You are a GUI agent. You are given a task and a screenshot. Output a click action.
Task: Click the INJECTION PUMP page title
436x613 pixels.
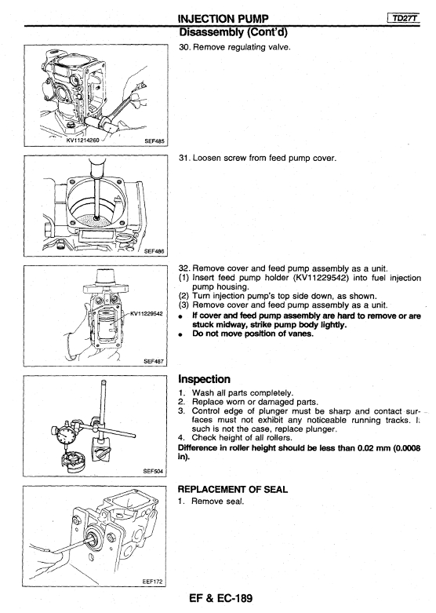(223, 19)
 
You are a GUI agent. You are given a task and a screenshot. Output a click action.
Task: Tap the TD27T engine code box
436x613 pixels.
(404, 18)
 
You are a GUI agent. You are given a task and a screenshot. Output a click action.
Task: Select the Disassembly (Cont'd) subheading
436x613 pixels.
(233, 32)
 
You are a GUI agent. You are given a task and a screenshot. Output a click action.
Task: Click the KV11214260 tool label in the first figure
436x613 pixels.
(83, 139)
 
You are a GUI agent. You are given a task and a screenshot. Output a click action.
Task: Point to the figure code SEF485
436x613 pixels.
(154, 141)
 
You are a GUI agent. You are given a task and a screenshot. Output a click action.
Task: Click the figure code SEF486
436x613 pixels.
(154, 251)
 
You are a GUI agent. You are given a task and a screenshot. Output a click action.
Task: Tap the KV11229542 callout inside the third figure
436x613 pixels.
(146, 313)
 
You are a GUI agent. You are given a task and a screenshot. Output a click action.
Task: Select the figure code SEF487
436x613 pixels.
(154, 361)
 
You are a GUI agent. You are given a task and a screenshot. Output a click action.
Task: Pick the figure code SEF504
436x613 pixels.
(154, 471)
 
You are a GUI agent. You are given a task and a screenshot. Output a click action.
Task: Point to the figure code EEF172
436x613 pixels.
(152, 582)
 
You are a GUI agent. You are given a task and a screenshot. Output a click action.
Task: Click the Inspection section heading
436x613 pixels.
(205, 379)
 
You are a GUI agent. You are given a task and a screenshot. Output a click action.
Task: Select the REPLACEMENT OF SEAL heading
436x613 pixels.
(232, 489)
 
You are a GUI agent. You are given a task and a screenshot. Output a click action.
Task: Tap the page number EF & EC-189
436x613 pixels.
(220, 598)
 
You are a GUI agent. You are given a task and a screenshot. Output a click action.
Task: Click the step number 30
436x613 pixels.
(184, 47)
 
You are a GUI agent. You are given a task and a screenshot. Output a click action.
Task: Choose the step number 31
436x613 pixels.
(184, 158)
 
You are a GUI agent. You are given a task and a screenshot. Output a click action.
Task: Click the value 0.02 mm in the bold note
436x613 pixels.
(374, 447)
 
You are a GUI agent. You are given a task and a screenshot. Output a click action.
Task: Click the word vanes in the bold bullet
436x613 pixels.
(303, 334)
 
